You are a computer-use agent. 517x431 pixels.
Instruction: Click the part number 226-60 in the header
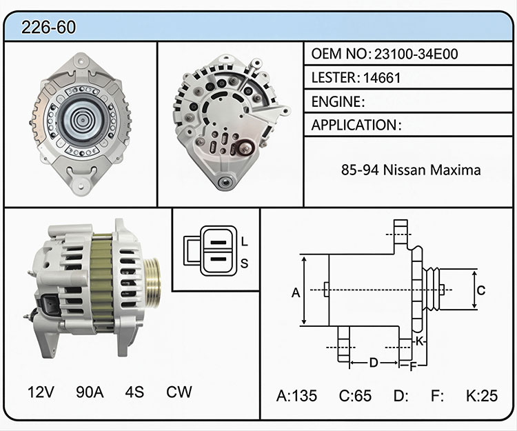(x=48, y=27)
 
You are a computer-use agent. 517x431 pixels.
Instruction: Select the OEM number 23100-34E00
(x=416, y=54)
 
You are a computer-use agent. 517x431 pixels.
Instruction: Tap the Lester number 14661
(x=382, y=78)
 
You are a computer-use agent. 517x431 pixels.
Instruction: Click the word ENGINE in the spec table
(x=336, y=101)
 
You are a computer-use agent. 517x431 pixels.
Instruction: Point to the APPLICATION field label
(x=354, y=125)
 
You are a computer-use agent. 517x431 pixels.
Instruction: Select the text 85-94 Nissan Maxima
(x=411, y=170)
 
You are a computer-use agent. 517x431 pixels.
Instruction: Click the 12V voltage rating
(x=41, y=392)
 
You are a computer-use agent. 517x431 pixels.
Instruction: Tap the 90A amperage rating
(x=90, y=392)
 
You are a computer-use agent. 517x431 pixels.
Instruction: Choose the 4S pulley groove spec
(x=134, y=392)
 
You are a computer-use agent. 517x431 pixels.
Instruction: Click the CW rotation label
(x=179, y=392)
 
